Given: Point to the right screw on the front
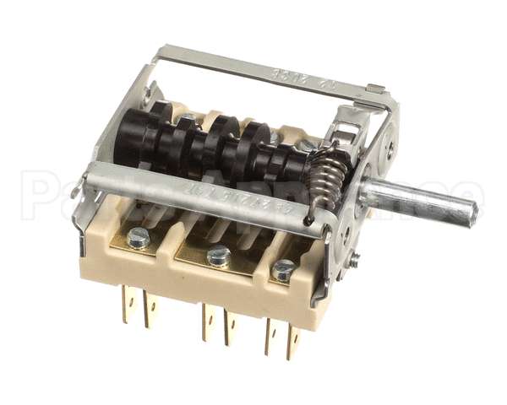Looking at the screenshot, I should (x=283, y=270).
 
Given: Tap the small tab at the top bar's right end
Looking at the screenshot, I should (x=376, y=89).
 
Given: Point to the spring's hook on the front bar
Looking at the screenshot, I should (x=312, y=219).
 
